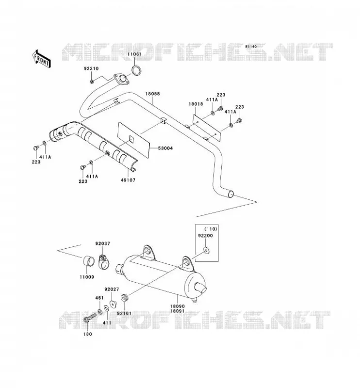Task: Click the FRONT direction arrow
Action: (41, 59)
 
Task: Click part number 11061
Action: (134, 54)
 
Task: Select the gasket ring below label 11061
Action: (136, 70)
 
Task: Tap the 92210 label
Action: (91, 68)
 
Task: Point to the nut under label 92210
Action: (92, 81)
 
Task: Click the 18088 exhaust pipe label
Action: (152, 94)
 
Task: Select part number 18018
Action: (196, 104)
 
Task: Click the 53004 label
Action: (165, 148)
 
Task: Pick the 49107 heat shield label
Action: (128, 180)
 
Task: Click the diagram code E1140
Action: (251, 46)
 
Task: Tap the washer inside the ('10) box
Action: (206, 251)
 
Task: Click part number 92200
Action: (205, 236)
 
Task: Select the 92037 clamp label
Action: (102, 243)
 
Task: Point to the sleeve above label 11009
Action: (89, 261)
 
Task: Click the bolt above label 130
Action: (90, 318)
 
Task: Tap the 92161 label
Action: (124, 313)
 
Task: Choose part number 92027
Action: (112, 289)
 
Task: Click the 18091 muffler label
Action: (177, 311)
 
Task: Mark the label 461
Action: (99, 298)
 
